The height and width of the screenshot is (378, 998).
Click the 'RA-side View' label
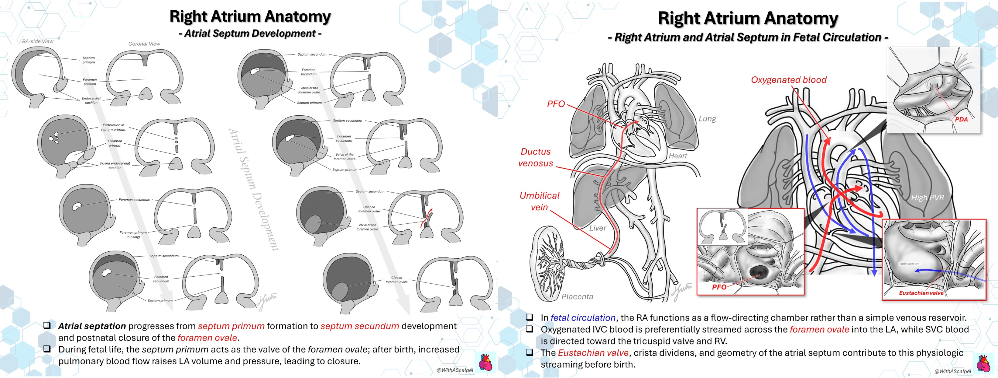click(x=38, y=41)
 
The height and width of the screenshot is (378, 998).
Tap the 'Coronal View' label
click(x=144, y=44)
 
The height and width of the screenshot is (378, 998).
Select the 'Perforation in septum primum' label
click(x=114, y=127)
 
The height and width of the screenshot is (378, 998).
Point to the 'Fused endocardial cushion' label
click(x=115, y=165)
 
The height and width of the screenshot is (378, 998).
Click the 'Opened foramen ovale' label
click(x=369, y=209)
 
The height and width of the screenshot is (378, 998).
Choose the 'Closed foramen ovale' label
click(x=396, y=280)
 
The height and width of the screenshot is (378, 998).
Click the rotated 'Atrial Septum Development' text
click(x=254, y=189)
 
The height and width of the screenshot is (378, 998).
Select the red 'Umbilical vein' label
click(x=539, y=201)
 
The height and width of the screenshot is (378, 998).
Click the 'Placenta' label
click(x=577, y=296)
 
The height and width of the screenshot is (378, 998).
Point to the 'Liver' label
click(x=597, y=228)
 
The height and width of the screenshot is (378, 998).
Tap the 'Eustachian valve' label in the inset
click(x=921, y=293)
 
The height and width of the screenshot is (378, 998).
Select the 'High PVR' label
click(x=928, y=198)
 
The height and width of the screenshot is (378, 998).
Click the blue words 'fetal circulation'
click(x=583, y=317)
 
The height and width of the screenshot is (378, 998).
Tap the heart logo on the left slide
click(x=485, y=362)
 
